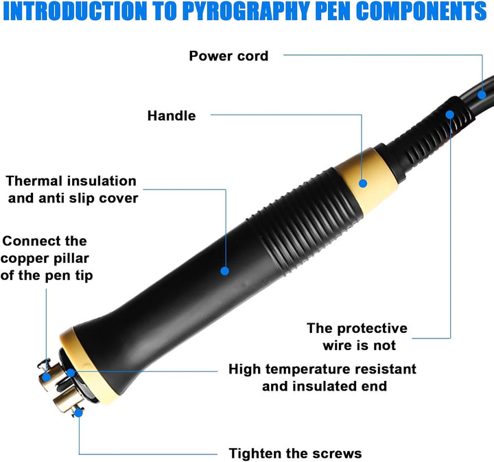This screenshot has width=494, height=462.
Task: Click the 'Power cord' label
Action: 228,56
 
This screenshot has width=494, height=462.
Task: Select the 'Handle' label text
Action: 172,115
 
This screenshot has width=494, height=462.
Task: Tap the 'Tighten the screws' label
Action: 295,454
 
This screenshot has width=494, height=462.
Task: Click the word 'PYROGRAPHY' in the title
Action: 247,12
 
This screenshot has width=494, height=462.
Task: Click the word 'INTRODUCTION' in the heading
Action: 75,12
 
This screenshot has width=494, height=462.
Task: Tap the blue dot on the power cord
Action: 482,95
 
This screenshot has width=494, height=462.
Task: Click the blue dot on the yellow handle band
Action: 363,183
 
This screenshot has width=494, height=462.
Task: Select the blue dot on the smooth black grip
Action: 224,270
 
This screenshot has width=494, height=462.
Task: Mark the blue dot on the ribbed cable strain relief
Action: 450,115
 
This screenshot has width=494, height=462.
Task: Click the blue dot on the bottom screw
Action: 79,413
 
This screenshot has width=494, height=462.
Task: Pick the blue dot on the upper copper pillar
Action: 47,377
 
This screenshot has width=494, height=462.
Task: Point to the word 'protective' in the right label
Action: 373,329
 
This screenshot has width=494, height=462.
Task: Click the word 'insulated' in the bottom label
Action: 325,386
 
